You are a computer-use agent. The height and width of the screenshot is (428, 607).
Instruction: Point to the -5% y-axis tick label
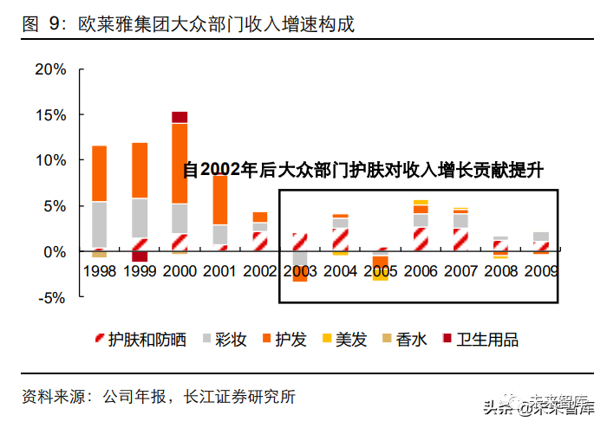click(50, 297)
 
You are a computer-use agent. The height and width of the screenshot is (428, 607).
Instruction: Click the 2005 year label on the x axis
click(380, 270)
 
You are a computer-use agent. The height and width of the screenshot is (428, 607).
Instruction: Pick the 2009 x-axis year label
click(540, 270)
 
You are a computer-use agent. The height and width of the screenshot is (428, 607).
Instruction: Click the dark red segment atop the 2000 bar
click(179, 117)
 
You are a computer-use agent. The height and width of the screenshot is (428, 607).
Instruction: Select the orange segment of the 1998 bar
click(99, 173)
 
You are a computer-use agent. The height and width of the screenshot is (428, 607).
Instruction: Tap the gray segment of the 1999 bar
click(140, 217)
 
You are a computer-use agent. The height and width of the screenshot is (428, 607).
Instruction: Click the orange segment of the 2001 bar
click(219, 199)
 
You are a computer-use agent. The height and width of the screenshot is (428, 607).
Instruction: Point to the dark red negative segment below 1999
click(140, 256)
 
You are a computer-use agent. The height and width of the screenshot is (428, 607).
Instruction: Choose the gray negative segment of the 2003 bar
click(300, 261)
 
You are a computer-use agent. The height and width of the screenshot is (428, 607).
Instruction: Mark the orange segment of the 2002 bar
click(260, 217)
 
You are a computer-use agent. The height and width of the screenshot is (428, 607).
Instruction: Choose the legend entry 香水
click(404, 340)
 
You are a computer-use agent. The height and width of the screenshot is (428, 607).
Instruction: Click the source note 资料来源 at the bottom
click(158, 397)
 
